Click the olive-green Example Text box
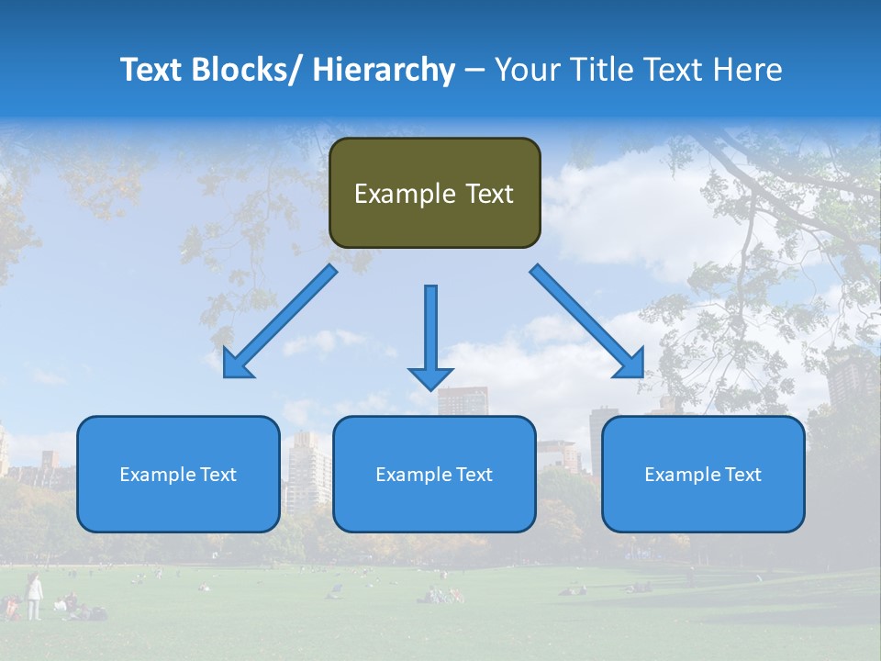pyautogui.click(x=434, y=193)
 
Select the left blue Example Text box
pyautogui.click(x=177, y=474)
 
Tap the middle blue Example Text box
pyautogui.click(x=433, y=474)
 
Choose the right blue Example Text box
pyautogui.click(x=703, y=474)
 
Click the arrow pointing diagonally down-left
pyautogui.click(x=281, y=321)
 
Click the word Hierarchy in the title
pyautogui.click(x=384, y=70)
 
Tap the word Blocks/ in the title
pyautogui.click(x=249, y=70)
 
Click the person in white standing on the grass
pyautogui.click(x=34, y=596)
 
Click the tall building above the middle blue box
pyautogui.click(x=462, y=401)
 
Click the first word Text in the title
pyautogui.click(x=152, y=70)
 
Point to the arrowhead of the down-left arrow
pyautogui.click(x=235, y=365)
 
